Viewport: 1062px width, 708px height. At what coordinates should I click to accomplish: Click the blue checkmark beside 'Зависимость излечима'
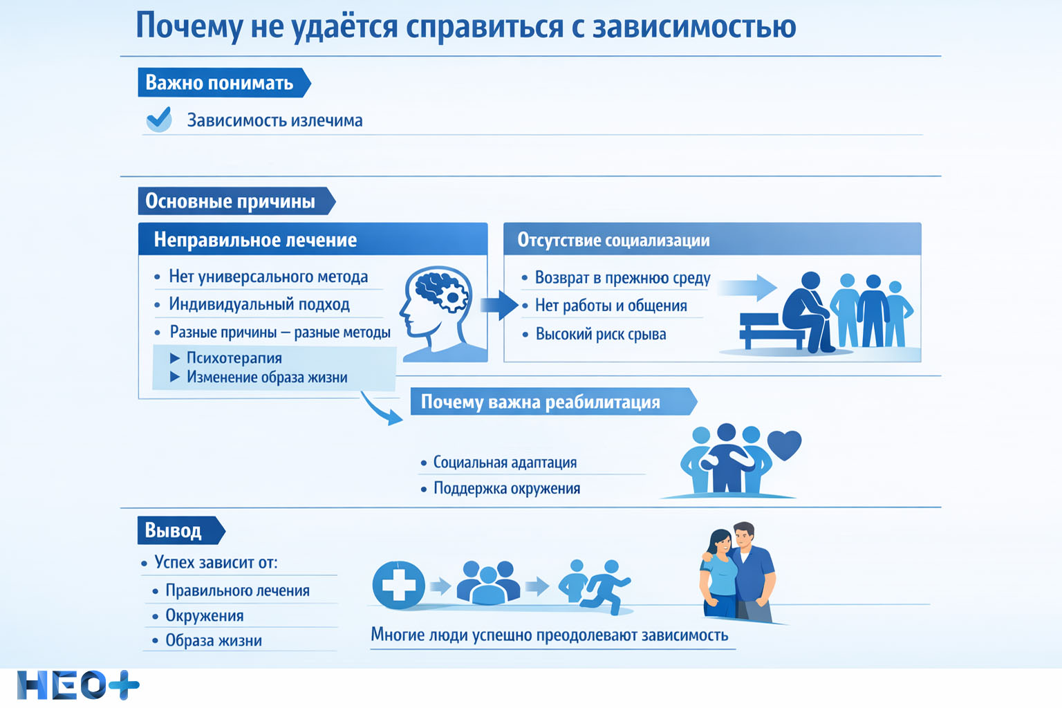pos(159,119)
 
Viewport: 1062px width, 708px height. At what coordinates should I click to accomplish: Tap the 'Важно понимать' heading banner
pos(220,83)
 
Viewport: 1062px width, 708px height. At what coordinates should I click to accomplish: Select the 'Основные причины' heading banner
pos(230,201)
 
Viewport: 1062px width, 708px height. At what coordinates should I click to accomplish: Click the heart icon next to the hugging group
pos(784,445)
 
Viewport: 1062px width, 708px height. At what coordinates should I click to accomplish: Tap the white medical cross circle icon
pos(399,585)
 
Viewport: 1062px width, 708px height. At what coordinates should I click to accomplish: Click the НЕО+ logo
pos(77,686)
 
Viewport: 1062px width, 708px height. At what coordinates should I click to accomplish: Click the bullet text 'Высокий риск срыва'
pos(601,335)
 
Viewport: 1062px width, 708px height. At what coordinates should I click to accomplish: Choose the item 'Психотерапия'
pos(234,358)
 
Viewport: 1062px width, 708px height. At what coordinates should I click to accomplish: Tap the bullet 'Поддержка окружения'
pos(507,489)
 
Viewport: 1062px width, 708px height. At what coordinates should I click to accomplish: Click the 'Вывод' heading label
pos(174,530)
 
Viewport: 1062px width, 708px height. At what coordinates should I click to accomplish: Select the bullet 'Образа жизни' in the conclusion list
pos(214,641)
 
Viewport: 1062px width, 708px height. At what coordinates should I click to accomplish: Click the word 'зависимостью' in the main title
pos(694,26)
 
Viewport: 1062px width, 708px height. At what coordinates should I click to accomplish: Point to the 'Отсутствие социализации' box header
pos(614,240)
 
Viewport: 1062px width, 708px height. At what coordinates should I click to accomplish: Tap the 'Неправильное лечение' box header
pos(256,240)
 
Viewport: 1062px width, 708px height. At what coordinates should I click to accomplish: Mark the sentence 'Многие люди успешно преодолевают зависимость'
pos(550,635)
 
